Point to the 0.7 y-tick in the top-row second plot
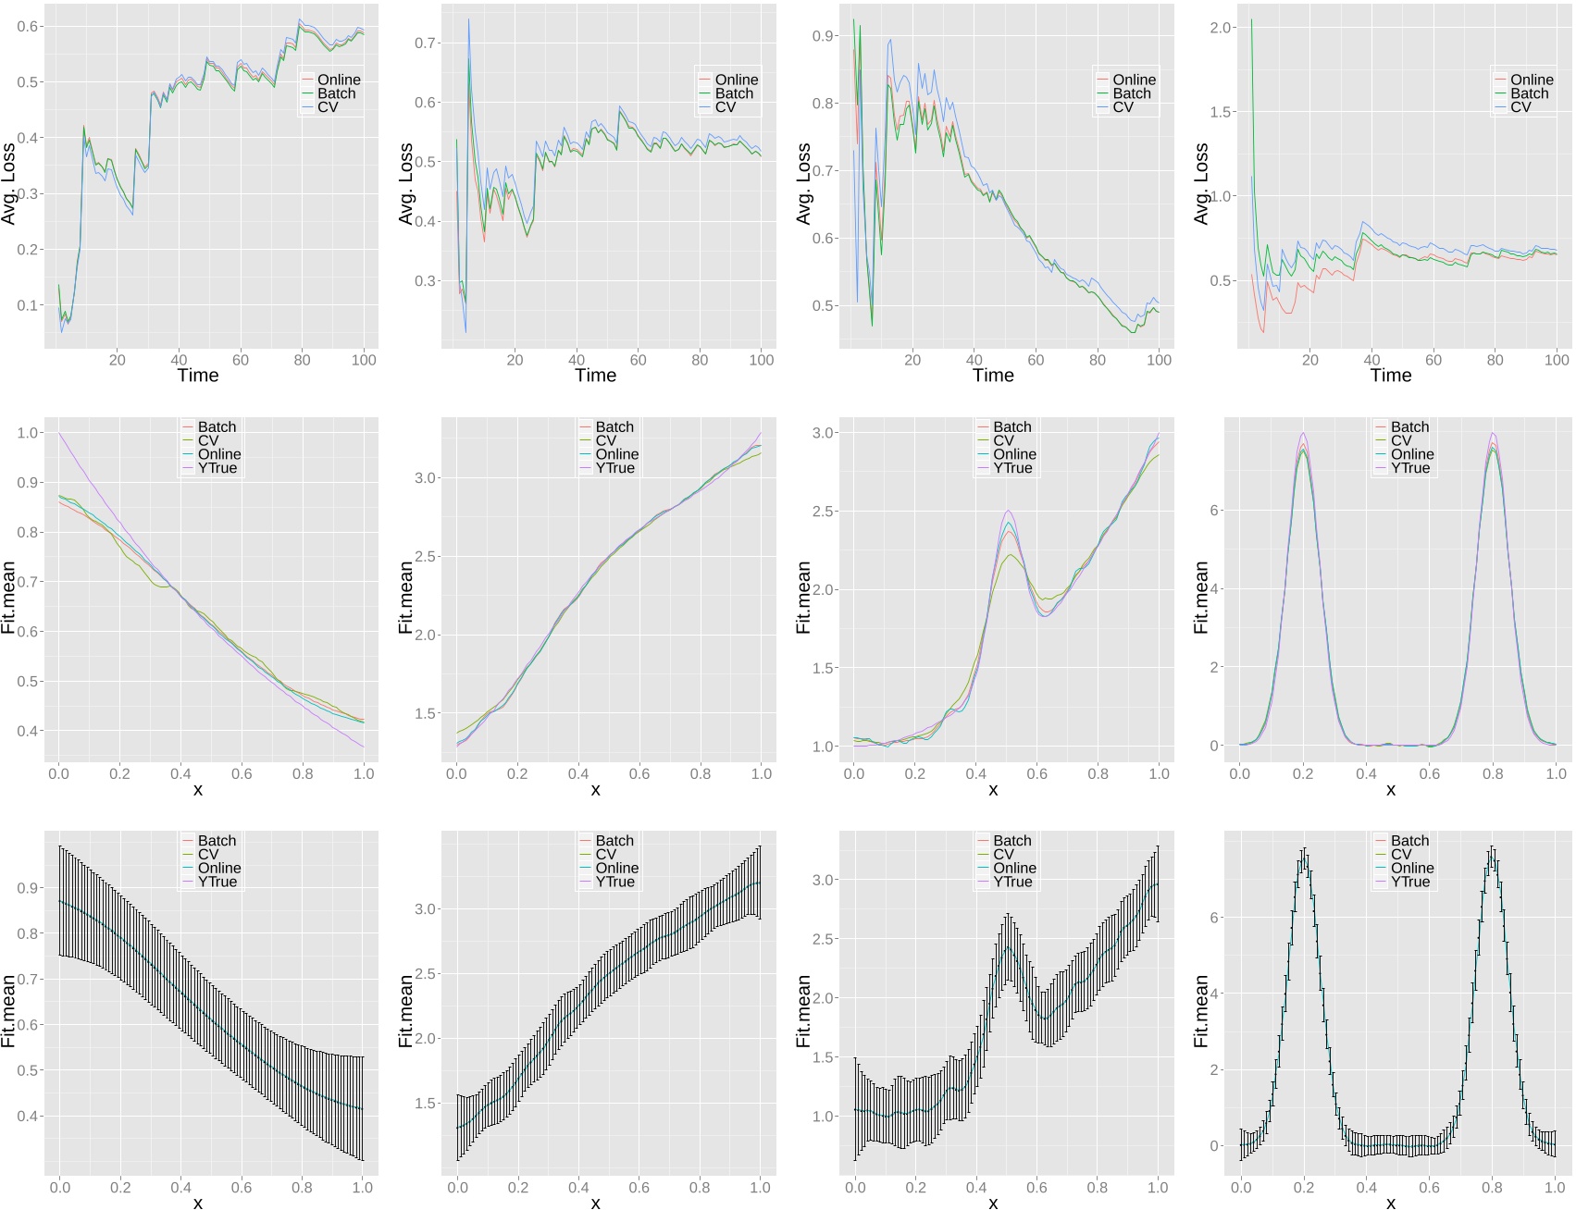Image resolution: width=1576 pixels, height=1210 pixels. pyautogui.click(x=425, y=43)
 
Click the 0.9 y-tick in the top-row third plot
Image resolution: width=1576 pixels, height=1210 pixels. pyautogui.click(x=823, y=36)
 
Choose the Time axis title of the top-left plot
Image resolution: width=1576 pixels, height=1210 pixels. pyautogui.click(x=197, y=376)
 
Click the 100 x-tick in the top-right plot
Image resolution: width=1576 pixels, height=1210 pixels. pyautogui.click(x=1556, y=360)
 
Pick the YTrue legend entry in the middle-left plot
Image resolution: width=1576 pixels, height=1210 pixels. pyautogui.click(x=217, y=468)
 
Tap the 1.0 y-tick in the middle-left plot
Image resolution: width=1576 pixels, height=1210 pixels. pyautogui.click(x=28, y=433)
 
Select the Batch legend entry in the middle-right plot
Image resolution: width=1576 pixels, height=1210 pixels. pyautogui.click(x=1409, y=426)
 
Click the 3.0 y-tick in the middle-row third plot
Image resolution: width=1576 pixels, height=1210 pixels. pyautogui.click(x=823, y=433)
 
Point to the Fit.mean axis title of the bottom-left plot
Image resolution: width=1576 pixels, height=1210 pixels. pyautogui.click(x=9, y=1010)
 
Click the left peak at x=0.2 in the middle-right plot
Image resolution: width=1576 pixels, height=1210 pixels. pyautogui.click(x=1303, y=435)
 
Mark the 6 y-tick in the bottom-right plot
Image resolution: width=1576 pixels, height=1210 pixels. pyautogui.click(x=1214, y=918)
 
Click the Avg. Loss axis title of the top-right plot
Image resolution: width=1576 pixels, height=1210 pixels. pyautogui.click(x=1201, y=183)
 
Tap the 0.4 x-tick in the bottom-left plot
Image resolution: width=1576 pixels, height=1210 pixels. pyautogui.click(x=180, y=1188)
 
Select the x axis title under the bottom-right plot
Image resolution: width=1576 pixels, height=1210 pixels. pyautogui.click(x=1390, y=1203)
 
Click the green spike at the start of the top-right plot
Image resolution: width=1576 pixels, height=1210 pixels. pyautogui.click(x=1251, y=20)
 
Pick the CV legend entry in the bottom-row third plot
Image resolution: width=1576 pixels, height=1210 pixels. pyautogui.click(x=1003, y=854)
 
